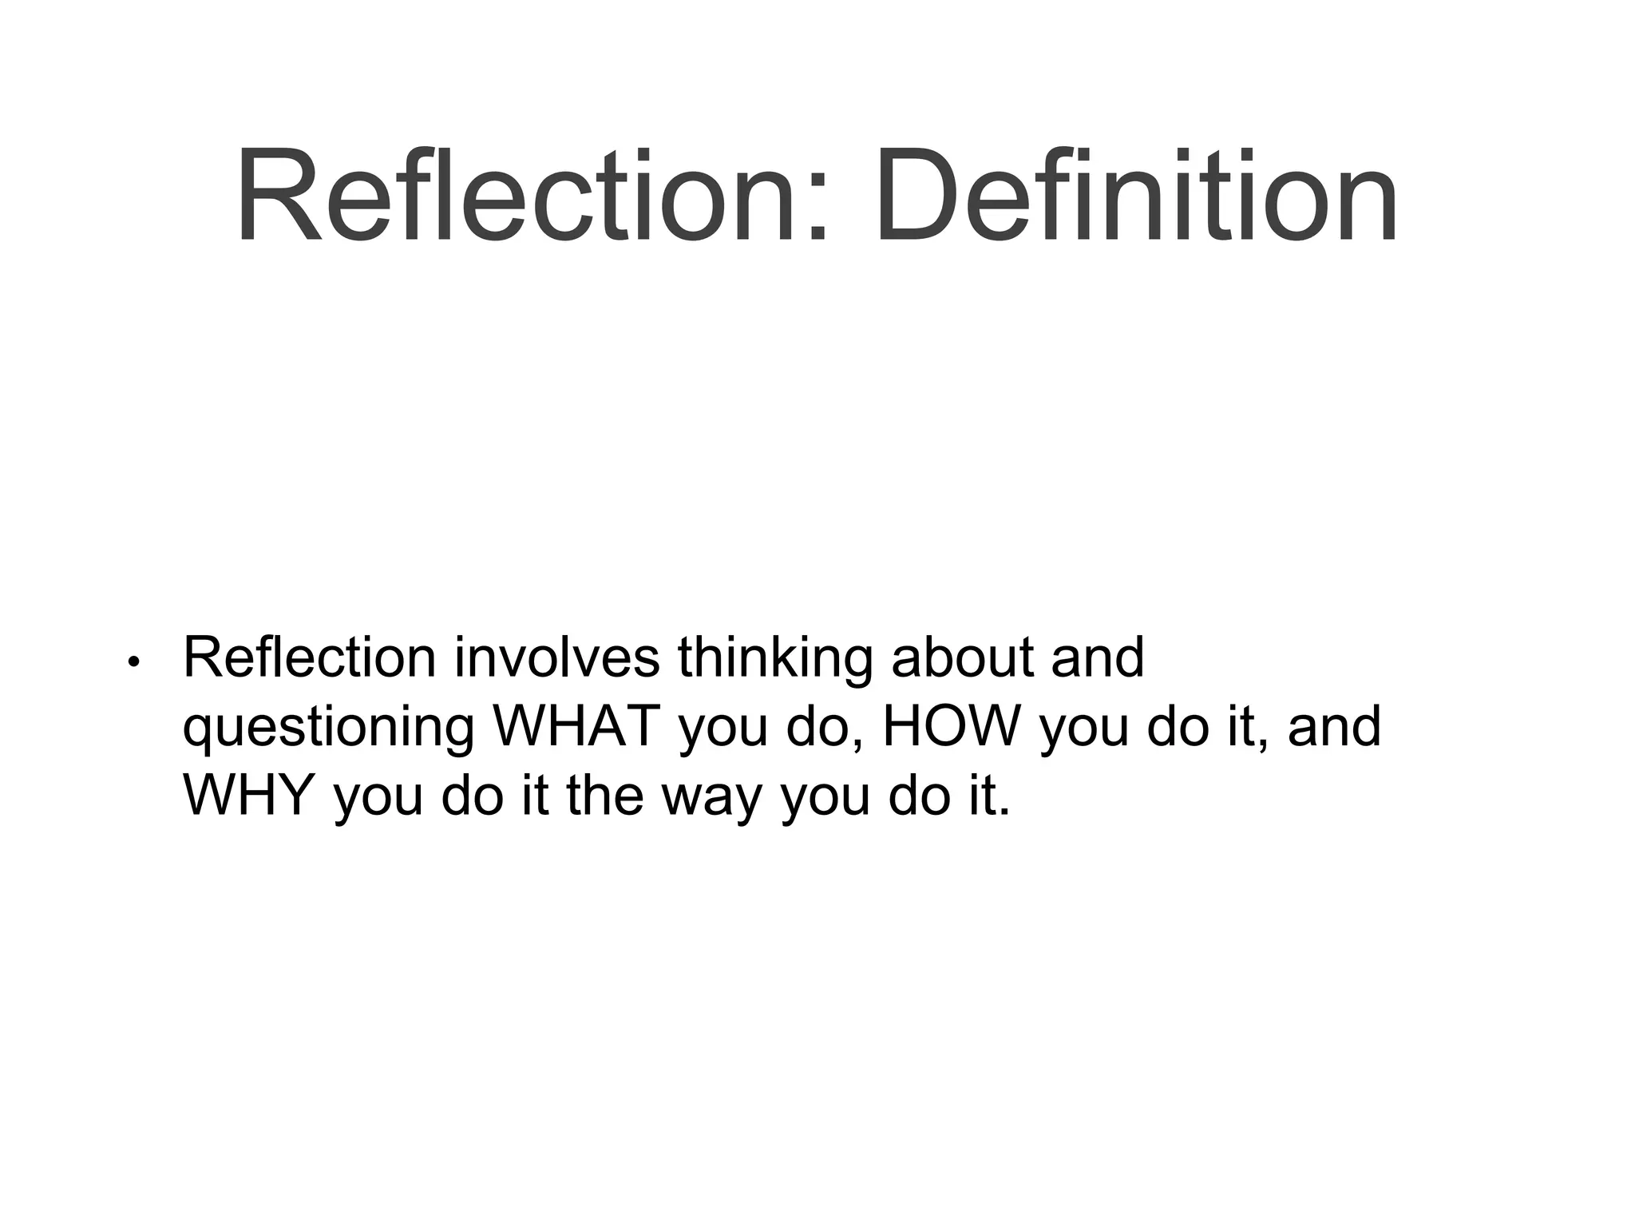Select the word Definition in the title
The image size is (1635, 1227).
(1135, 197)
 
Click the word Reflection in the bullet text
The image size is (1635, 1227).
(309, 658)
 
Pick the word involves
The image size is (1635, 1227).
(556, 658)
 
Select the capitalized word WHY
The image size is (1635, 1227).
(247, 796)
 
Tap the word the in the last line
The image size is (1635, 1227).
(604, 796)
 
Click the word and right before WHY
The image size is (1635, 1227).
(1334, 727)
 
